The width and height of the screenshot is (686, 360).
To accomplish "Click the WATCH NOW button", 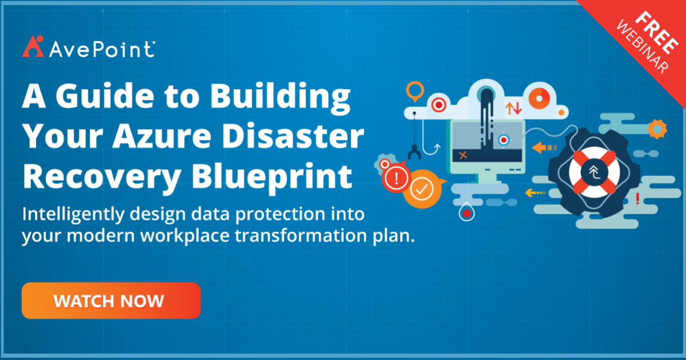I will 111,301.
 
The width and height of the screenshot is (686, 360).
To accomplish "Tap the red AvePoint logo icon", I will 32,46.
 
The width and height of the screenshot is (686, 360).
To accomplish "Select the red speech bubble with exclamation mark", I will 396,178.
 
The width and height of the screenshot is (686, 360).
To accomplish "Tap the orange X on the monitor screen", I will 463,154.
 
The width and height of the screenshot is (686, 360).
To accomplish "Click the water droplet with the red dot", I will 467,213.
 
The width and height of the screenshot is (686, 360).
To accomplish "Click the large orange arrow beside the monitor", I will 543,147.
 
